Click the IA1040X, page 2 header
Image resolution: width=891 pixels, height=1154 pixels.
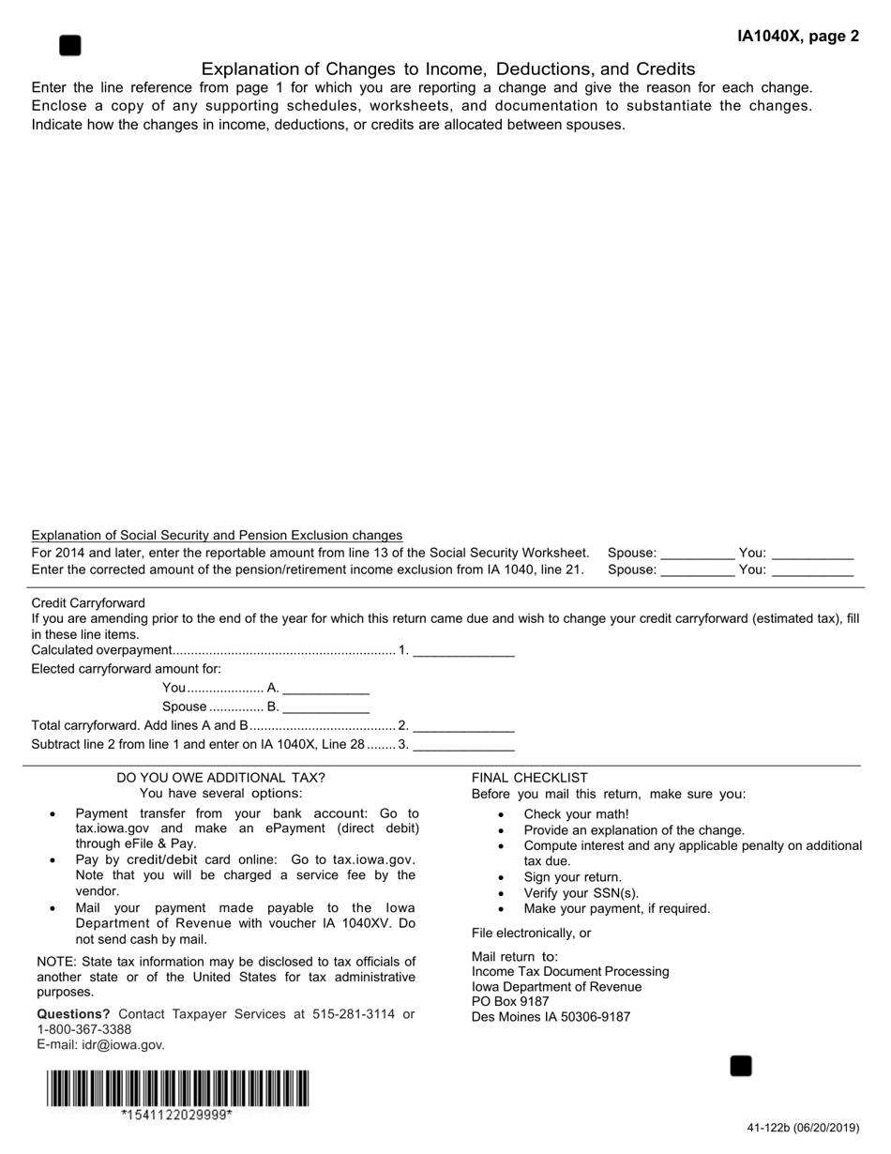[797, 37]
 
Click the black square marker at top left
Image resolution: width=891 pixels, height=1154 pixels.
[69, 45]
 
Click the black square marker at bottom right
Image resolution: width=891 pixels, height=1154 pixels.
[741, 1066]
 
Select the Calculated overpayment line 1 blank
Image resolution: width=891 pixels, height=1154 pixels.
[463, 649]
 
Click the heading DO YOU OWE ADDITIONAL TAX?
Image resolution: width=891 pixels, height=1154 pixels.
[220, 777]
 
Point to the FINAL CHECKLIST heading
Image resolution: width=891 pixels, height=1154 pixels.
[529, 777]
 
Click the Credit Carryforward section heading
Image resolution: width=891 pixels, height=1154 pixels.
[88, 602]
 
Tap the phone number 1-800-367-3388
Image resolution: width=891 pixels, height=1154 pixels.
[83, 1029]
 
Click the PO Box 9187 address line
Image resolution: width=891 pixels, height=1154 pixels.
[510, 1001]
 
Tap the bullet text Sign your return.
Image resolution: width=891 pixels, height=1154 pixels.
[572, 877]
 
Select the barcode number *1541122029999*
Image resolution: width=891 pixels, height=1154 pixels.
[176, 1115]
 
